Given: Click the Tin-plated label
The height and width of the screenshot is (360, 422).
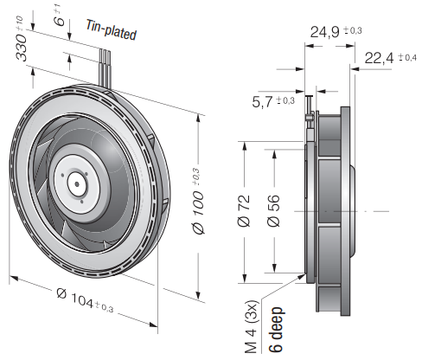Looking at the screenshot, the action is point(112,30).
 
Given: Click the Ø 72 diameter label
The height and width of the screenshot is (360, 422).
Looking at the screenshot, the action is point(244,210).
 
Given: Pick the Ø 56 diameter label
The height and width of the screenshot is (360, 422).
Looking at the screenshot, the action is point(273,210).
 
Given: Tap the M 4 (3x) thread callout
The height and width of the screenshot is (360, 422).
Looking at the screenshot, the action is point(252,327).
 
